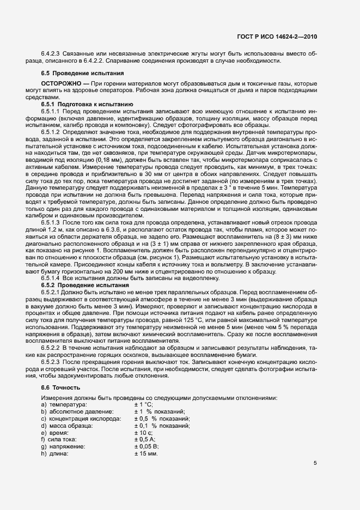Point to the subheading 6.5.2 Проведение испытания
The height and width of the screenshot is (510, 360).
[85, 285]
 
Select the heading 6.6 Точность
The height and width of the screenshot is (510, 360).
[60, 387]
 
